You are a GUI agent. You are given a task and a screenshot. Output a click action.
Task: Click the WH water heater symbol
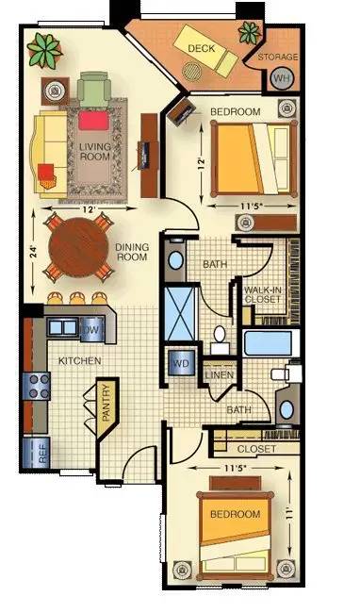[281, 78]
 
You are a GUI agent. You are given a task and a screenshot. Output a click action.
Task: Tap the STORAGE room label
[279, 57]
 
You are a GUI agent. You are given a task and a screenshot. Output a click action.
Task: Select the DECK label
[200, 47]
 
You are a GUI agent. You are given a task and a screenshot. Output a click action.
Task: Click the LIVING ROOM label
[95, 151]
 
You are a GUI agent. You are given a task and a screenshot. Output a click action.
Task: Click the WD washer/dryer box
[181, 361]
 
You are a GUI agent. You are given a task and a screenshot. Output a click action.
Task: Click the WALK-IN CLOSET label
[262, 294]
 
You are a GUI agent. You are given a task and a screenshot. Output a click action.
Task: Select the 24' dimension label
[33, 252]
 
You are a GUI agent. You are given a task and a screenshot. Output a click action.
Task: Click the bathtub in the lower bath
[270, 342]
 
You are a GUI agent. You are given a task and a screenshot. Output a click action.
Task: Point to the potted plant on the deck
[248, 34]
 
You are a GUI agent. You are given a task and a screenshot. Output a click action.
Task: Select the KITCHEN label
[81, 361]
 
